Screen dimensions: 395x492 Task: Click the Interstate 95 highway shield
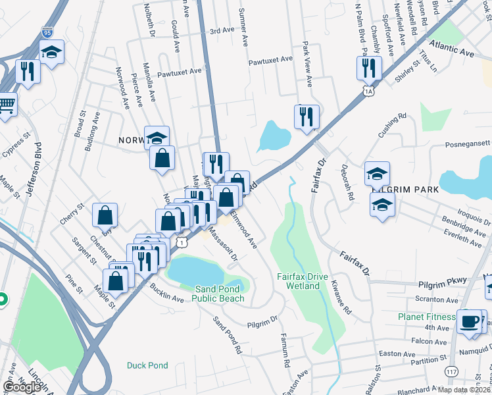click(x=46, y=32)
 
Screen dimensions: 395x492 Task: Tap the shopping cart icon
click(x=6, y=103)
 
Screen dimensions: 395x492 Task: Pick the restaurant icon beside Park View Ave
click(x=307, y=117)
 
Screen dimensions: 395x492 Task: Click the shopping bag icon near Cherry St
click(x=105, y=215)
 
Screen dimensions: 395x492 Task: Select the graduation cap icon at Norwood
click(x=157, y=138)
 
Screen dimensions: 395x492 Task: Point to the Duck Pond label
click(x=148, y=365)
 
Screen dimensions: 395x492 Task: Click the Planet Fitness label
click(x=426, y=317)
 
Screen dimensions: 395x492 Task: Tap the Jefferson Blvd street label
click(x=29, y=169)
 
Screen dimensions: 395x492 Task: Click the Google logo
click(x=22, y=387)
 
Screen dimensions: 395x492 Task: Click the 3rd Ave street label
click(x=222, y=30)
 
